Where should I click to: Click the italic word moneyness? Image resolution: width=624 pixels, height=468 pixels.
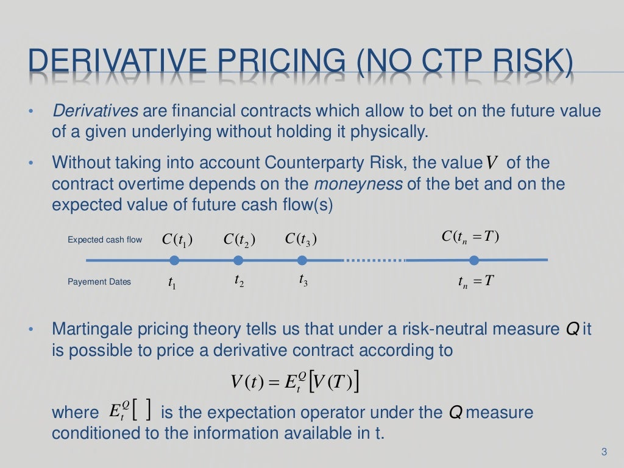[x=358, y=184]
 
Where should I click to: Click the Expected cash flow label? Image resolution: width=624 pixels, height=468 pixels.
[x=105, y=239]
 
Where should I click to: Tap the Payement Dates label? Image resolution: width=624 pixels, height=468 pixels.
[x=99, y=282]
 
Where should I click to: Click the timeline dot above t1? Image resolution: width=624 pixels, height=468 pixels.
[x=174, y=261]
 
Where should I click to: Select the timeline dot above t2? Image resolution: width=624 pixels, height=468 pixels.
[x=238, y=261]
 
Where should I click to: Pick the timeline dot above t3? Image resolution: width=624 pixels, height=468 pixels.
[x=302, y=261]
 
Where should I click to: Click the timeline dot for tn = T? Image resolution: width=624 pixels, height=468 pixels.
[x=474, y=261]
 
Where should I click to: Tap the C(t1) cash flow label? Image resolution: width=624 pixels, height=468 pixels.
[x=177, y=240]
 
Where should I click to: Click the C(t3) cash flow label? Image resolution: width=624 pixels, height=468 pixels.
[x=301, y=239]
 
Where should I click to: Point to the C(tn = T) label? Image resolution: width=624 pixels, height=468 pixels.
[x=471, y=236]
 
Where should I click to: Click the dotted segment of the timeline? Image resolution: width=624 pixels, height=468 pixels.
[x=375, y=261]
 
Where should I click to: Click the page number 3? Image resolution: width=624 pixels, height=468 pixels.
[x=604, y=452]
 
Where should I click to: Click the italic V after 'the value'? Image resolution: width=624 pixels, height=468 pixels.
[x=492, y=164]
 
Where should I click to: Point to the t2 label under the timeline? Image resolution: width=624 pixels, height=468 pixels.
[x=239, y=281]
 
